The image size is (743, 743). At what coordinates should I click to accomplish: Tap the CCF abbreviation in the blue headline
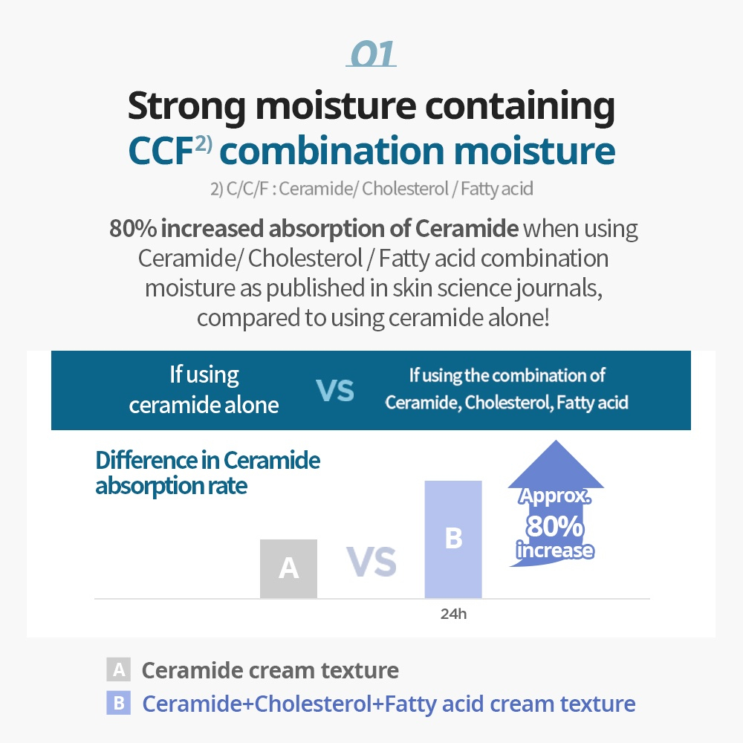click(x=160, y=151)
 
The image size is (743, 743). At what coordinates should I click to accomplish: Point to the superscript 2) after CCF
click(x=204, y=143)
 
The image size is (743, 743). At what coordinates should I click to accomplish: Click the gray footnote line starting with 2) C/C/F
click(x=371, y=189)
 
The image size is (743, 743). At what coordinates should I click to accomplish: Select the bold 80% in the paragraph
click(x=133, y=228)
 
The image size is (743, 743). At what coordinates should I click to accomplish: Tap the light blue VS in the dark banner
click(x=335, y=391)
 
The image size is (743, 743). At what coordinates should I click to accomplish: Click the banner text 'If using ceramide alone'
click(x=204, y=390)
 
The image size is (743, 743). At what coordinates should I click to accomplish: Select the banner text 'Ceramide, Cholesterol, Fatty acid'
click(x=507, y=403)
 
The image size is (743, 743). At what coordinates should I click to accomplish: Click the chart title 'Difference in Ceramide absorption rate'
click(x=207, y=473)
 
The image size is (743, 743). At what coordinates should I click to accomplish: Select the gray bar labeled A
click(x=288, y=568)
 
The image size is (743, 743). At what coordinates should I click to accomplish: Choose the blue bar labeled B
click(x=453, y=539)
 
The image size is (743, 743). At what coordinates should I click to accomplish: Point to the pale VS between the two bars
click(x=371, y=562)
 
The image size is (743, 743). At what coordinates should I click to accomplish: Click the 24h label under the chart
click(x=453, y=614)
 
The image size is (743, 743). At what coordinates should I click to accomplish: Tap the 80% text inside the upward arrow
click(x=555, y=526)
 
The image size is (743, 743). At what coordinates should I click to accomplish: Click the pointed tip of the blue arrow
click(x=556, y=440)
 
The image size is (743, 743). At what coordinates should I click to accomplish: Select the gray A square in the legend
click(x=118, y=669)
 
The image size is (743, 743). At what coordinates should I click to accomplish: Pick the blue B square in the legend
click(x=118, y=703)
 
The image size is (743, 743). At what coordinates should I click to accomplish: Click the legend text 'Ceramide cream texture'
click(x=270, y=670)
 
